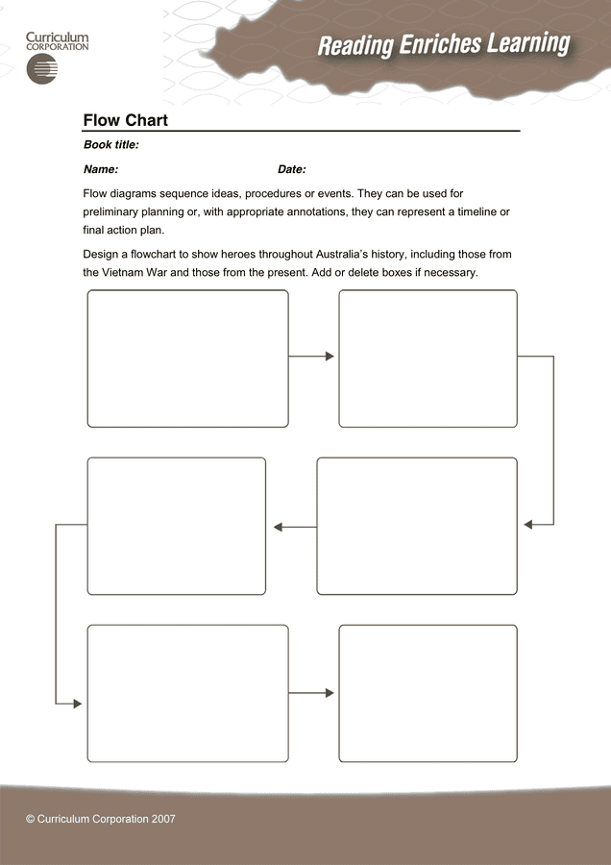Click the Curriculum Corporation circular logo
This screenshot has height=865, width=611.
click(x=43, y=69)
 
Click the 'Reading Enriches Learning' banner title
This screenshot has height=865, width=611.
click(x=443, y=44)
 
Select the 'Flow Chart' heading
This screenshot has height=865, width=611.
click(x=126, y=120)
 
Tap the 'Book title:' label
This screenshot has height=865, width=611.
click(x=111, y=145)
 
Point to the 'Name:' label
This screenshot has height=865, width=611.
click(x=101, y=169)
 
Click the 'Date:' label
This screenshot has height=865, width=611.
click(x=292, y=169)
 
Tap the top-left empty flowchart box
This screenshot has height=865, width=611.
click(x=187, y=358)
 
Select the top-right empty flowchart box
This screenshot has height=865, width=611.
click(x=428, y=358)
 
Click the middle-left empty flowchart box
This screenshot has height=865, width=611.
click(x=176, y=526)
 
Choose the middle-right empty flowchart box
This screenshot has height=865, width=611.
click(x=416, y=526)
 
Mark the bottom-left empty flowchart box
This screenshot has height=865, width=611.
click(x=187, y=693)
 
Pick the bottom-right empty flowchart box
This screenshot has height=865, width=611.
click(x=428, y=693)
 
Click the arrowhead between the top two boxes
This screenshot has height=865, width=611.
click(x=330, y=357)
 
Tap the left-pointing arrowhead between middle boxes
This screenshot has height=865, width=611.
click(x=278, y=527)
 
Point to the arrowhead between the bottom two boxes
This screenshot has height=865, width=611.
click(x=330, y=693)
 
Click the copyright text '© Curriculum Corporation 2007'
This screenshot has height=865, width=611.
click(x=101, y=819)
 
